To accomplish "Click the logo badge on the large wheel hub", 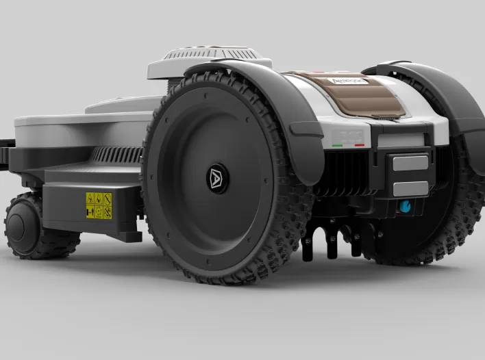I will click(x=218, y=177).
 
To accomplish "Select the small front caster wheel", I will click(x=27, y=226).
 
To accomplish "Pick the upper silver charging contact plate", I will click(x=410, y=163).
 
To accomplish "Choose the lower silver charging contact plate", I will click(x=410, y=188).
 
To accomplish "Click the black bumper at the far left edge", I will click(x=5, y=154).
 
